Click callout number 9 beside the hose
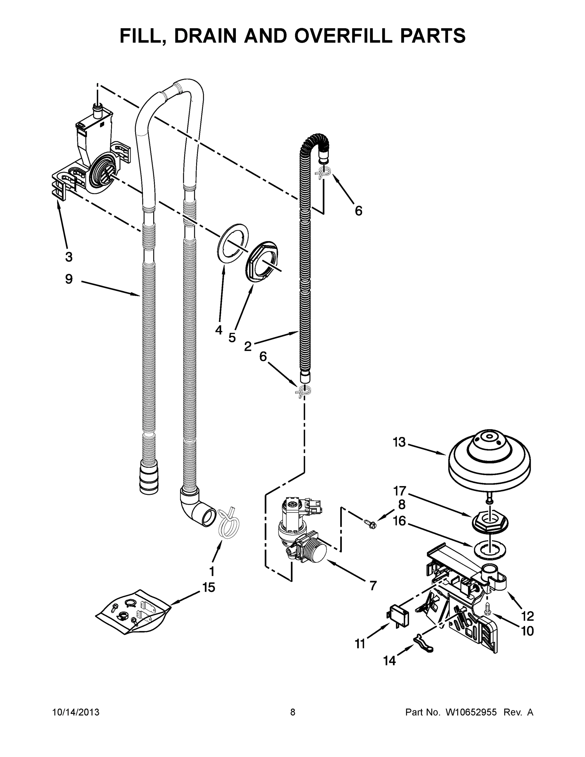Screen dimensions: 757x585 [x=69, y=279]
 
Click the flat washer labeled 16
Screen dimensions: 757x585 [x=489, y=548]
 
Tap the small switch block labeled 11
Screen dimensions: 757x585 [x=398, y=616]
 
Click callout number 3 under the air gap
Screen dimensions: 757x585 [x=69, y=257]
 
